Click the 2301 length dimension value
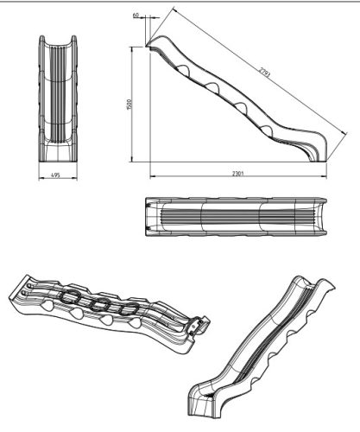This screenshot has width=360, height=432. click(238, 175)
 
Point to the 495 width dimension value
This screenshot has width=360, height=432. click(55, 175)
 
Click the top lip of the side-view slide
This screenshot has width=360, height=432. click(156, 40)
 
